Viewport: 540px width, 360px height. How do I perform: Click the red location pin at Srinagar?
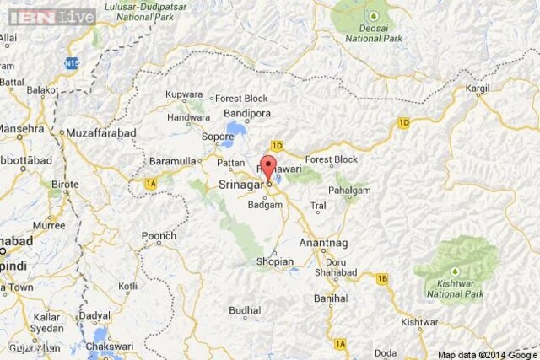(x=268, y=167)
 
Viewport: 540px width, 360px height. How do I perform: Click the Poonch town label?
(x=159, y=237)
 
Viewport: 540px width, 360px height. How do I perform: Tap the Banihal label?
(x=330, y=298)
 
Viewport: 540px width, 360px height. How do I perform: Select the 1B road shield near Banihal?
(x=382, y=278)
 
